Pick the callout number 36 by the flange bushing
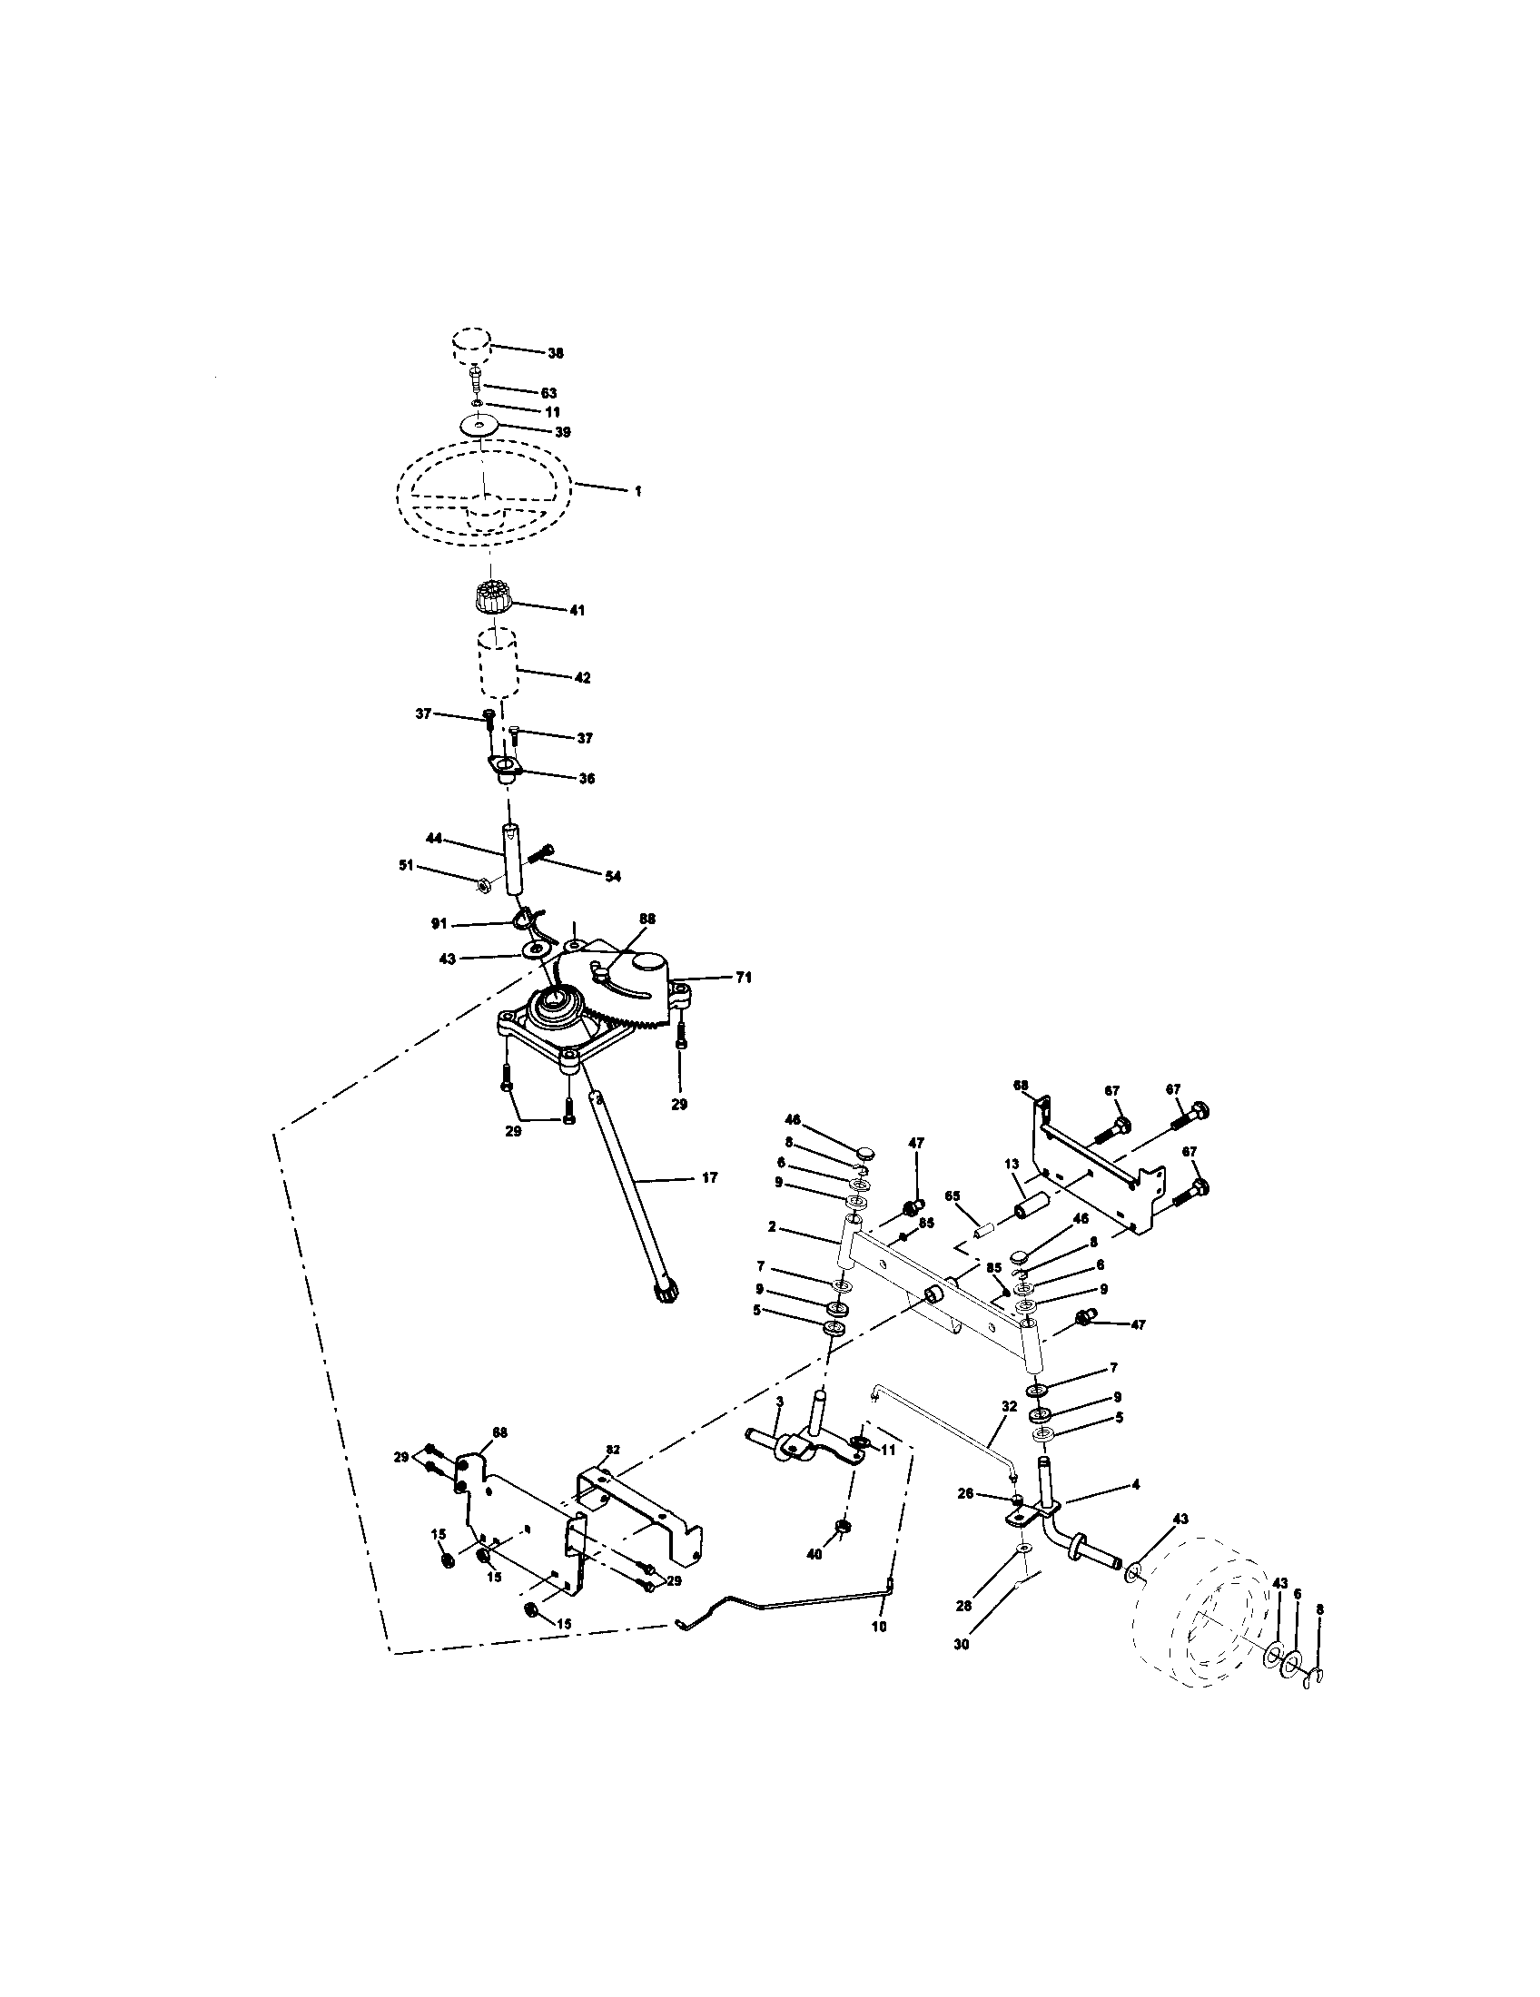[587, 779]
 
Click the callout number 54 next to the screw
[612, 876]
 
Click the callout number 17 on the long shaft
[710, 1177]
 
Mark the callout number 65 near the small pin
[953, 1195]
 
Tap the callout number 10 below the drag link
[879, 1628]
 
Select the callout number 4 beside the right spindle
[1135, 1485]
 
